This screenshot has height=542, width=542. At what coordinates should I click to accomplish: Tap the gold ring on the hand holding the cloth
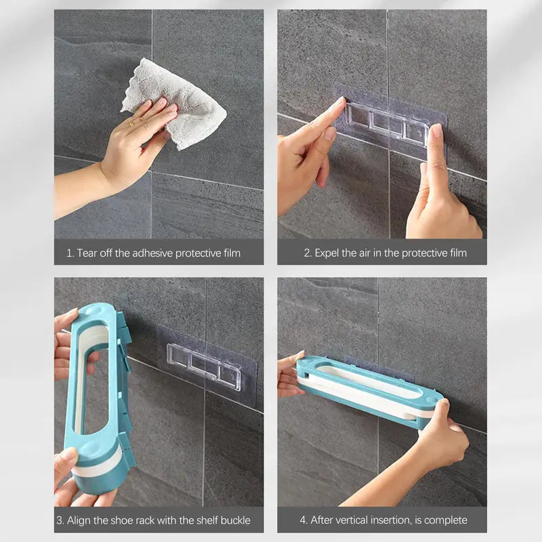point(131,123)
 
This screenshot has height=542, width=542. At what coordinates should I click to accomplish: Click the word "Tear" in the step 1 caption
point(87,253)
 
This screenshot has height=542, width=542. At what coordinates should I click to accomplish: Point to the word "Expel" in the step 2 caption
point(327,253)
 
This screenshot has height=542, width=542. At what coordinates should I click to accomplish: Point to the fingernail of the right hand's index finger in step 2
point(436,130)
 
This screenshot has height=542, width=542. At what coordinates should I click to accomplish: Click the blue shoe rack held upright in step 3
point(98,398)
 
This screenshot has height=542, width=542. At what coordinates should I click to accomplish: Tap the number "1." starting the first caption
point(70,253)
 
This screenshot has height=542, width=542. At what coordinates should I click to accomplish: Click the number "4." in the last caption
point(303,520)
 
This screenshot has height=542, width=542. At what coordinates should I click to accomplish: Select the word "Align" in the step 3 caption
point(77,520)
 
